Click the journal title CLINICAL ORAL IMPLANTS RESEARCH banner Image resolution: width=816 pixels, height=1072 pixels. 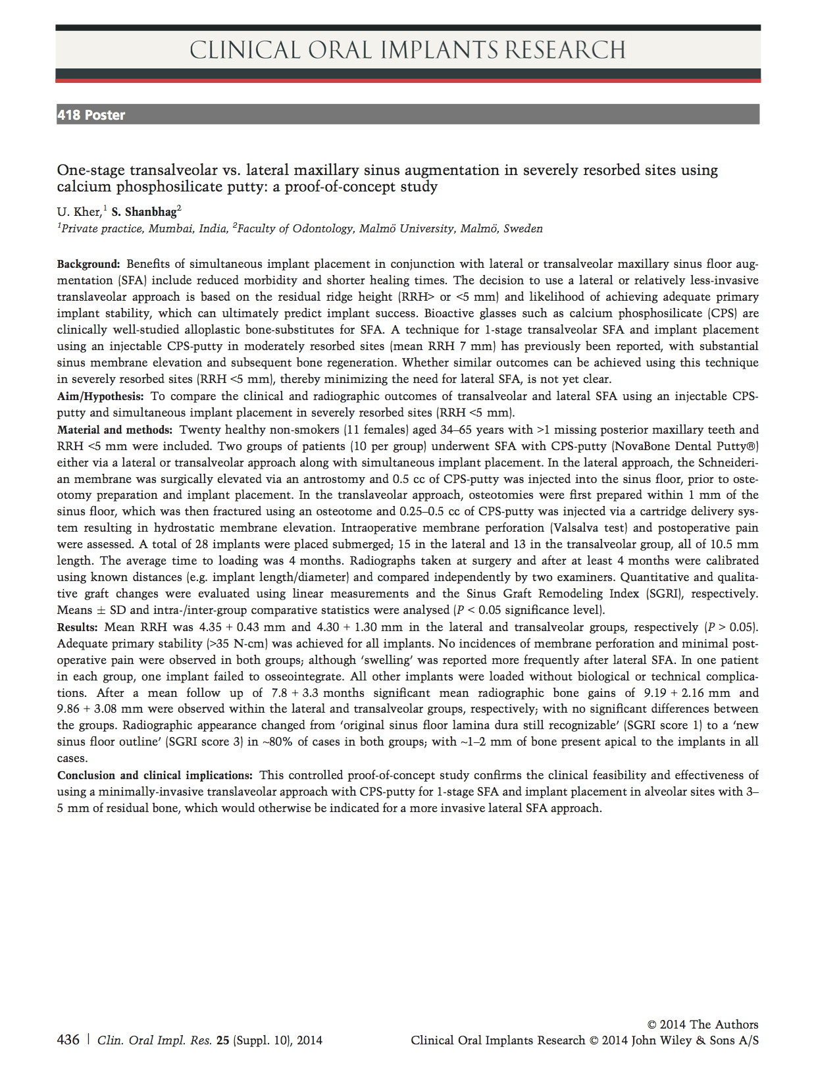[407, 50]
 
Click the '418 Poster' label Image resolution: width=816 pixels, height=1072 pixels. [91, 115]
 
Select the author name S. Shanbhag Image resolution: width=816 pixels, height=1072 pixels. [143, 212]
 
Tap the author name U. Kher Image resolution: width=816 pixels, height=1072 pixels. [78, 212]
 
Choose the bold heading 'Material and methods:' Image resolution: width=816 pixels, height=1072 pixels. [115, 430]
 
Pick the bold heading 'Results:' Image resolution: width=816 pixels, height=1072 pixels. [78, 627]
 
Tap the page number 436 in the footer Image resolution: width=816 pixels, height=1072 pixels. [68, 1040]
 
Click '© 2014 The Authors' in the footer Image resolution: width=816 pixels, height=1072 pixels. [702, 1024]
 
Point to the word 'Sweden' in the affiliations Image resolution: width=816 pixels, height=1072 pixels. [523, 229]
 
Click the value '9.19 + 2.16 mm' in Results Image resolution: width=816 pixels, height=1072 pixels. [687, 693]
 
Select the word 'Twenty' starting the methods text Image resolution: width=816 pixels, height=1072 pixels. [199, 430]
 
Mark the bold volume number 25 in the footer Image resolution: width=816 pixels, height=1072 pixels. [223, 1040]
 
